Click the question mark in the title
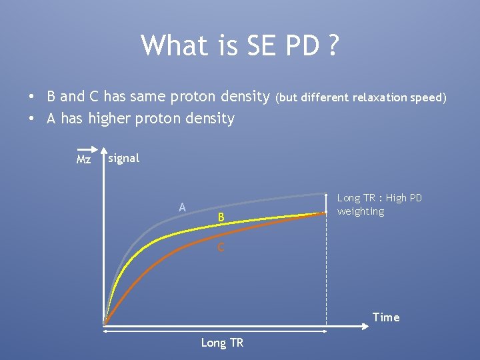(332, 46)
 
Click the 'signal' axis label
(123, 158)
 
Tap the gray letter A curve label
(182, 207)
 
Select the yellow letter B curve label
(221, 217)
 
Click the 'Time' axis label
(386, 317)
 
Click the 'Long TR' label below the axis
(222, 343)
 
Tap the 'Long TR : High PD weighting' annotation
(379, 205)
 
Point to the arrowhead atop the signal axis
(105, 149)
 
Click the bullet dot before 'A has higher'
(31, 119)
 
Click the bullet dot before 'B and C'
(31, 97)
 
